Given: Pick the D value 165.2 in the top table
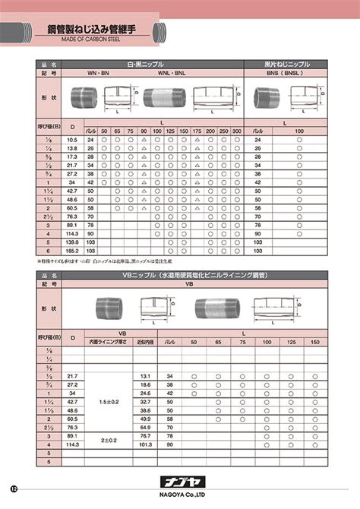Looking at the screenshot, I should [72, 249].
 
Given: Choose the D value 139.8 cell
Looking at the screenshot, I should [72, 241].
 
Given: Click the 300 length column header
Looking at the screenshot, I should [236, 131].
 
